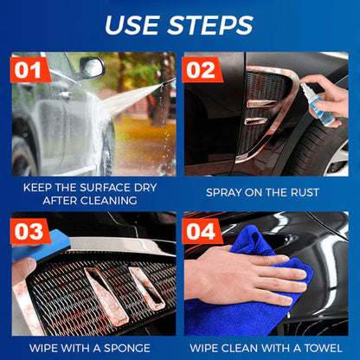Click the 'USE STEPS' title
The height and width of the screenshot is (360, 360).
pos(180,23)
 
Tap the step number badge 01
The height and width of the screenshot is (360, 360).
pos(30,69)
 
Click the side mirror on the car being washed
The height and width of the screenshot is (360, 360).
pos(91,67)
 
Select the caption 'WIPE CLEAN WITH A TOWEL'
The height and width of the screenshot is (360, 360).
pos(268,349)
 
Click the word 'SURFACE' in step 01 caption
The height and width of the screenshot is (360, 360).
pos(103,187)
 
